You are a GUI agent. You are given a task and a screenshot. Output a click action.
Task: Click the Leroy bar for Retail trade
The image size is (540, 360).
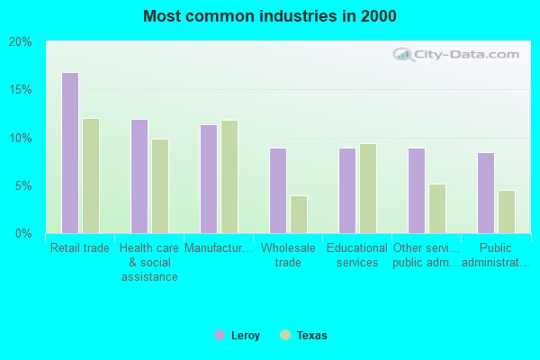click(70, 153)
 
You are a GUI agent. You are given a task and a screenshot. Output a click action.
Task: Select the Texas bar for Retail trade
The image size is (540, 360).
click(91, 175)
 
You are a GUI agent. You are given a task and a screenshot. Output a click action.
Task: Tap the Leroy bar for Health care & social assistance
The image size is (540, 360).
click(139, 176)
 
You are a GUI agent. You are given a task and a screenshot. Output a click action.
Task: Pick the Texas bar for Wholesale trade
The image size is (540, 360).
click(299, 214)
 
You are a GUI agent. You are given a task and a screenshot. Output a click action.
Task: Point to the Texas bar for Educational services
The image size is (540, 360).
click(368, 188)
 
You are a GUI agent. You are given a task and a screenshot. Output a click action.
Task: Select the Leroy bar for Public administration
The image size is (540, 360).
click(486, 193)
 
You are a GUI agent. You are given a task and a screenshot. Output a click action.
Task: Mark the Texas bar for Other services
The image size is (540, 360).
click(437, 209)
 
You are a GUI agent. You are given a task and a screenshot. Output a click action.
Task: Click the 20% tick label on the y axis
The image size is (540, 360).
click(21, 42)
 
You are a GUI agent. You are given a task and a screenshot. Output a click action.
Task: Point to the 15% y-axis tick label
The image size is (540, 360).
click(21, 90)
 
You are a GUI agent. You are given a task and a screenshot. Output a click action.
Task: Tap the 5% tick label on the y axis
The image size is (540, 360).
click(23, 186)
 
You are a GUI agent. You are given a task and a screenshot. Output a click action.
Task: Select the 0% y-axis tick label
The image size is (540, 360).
click(23, 234)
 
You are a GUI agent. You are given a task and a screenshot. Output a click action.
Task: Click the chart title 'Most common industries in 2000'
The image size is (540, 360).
click(269, 16)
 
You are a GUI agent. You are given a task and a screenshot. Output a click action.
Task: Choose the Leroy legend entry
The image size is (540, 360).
click(238, 336)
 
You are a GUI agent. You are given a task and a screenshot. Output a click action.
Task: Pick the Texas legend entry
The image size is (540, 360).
click(304, 336)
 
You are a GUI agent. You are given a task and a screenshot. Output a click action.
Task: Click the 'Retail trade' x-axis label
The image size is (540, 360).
click(80, 248)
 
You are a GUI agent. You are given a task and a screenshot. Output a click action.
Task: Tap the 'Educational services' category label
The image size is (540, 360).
click(356, 256)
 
